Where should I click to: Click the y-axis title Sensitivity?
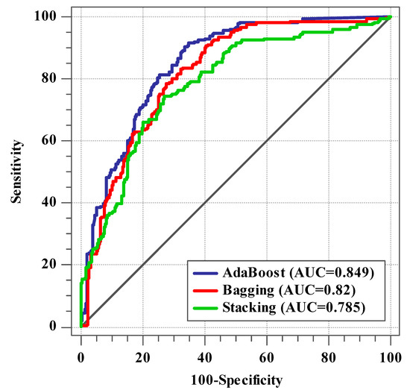point(16,171)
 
